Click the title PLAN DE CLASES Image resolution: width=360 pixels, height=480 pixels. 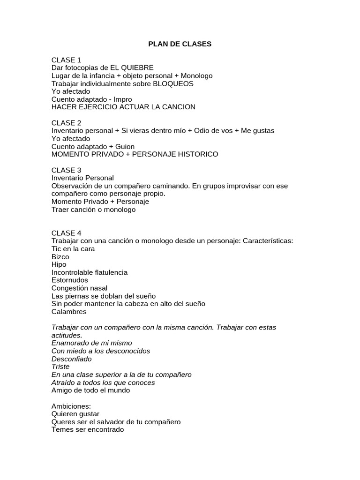point(180,44)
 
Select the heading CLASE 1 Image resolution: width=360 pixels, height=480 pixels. point(66,60)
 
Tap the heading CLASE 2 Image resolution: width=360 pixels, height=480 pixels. point(66,123)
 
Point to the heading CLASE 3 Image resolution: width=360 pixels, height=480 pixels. point(66,170)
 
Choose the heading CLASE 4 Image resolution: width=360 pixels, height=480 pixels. point(66,233)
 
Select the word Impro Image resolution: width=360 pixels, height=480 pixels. point(123,99)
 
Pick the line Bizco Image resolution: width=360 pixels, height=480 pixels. point(60,257)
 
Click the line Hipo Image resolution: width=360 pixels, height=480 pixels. point(59,264)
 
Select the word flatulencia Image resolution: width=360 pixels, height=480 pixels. point(110,272)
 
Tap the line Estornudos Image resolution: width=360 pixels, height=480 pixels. point(70,280)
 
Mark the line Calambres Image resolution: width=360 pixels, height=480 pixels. point(69,312)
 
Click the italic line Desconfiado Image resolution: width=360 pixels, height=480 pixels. point(71,359)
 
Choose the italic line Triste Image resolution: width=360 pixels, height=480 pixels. point(60,367)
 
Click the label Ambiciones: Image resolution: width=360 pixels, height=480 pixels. point(71,406)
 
